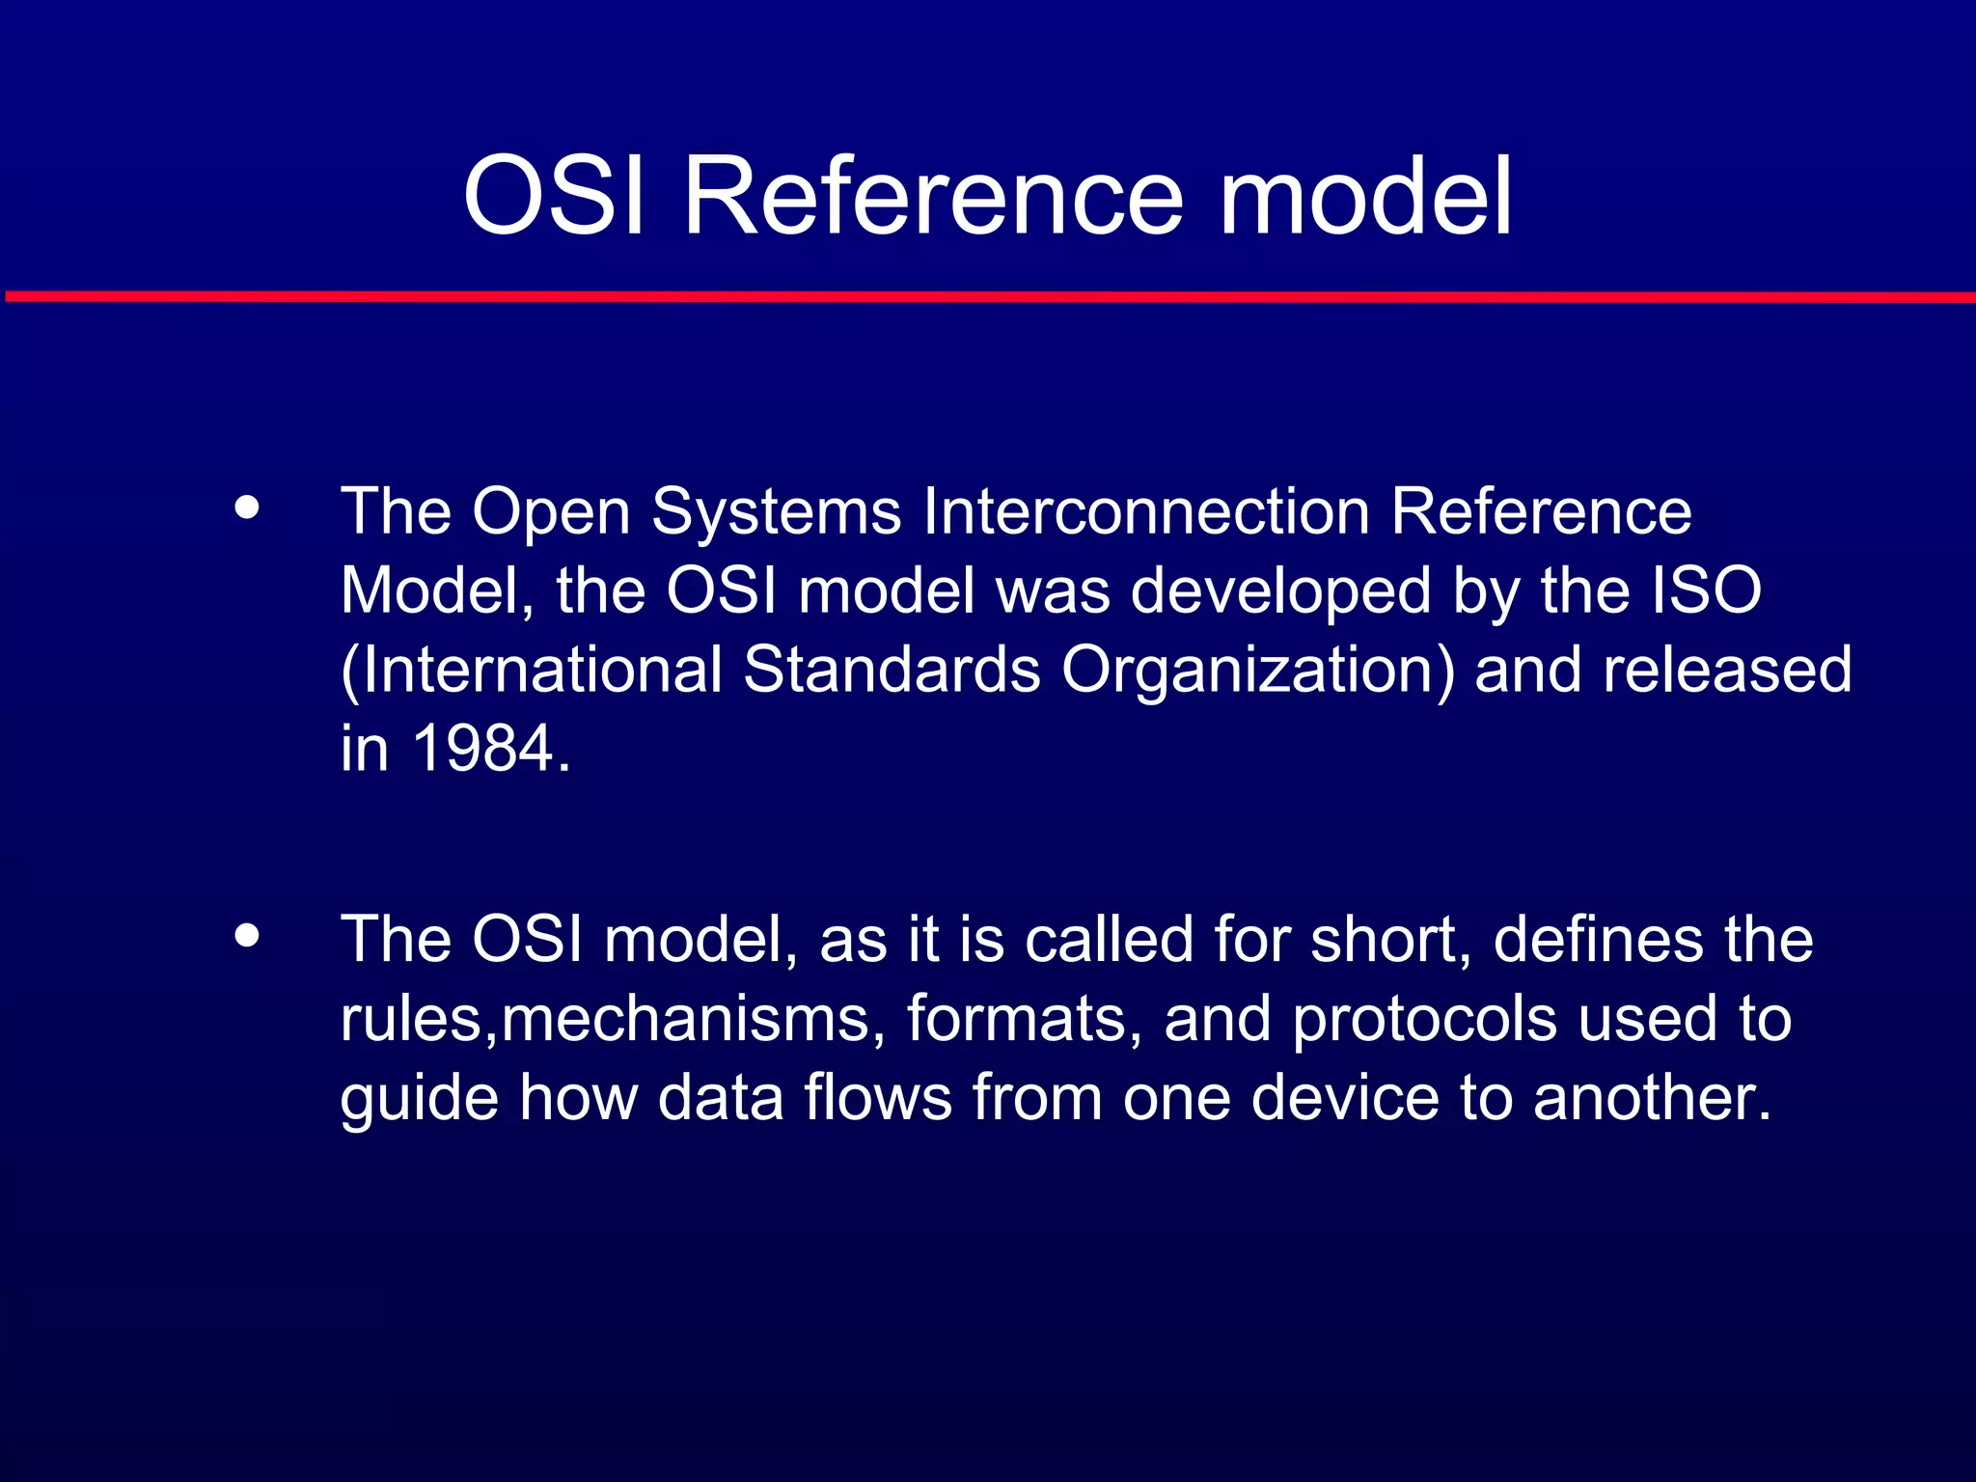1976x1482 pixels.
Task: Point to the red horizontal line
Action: tap(988, 296)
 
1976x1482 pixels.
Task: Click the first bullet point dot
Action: tap(247, 508)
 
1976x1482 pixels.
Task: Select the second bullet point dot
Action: tap(247, 935)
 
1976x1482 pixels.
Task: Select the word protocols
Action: tap(1424, 1019)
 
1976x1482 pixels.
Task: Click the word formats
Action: tap(1015, 1019)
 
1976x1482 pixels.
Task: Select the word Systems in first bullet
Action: tap(777, 512)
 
